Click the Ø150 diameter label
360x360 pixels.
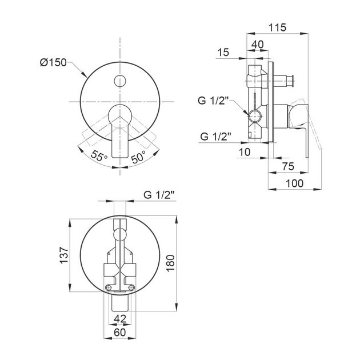coord(53,62)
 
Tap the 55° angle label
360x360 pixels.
coord(99,155)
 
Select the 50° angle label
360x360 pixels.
coord(138,157)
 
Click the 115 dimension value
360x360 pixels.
coord(277,27)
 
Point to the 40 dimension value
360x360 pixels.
coord(258,45)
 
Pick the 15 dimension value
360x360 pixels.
coord(223,53)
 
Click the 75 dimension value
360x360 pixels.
coord(288,166)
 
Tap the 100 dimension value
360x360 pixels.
coord(294,183)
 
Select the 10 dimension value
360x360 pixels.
coord(245,152)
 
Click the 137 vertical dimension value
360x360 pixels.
coord(64,255)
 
